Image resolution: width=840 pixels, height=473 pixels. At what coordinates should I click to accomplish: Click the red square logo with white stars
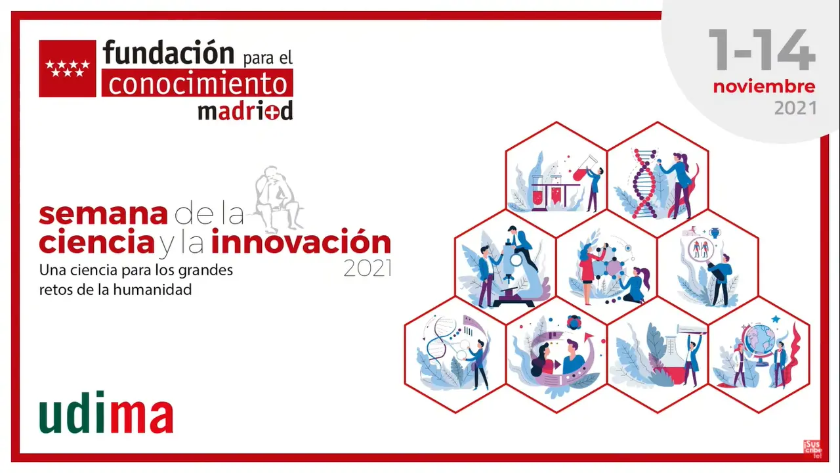pos(68,69)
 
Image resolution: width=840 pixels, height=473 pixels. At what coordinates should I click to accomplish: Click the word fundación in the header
pos(169,53)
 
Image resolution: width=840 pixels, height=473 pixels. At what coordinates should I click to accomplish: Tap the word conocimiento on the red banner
pos(198,83)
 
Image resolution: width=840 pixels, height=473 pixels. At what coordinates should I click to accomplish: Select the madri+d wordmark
pos(245,111)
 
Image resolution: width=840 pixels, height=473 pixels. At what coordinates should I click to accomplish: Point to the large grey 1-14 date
pos(762,50)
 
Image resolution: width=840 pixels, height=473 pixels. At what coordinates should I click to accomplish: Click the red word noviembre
pos(765,87)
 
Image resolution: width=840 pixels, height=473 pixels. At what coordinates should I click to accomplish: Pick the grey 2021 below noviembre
pos(795,108)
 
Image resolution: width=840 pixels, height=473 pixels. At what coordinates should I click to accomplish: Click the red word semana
pos(103,214)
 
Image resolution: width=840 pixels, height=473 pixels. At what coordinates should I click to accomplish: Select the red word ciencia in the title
pos(96,242)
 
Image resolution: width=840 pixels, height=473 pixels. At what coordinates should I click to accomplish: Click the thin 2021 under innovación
pos(368,269)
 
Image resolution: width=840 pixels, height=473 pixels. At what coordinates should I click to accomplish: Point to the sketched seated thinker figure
pos(278,198)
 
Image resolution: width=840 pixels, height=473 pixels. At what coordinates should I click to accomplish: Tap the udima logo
pos(106,413)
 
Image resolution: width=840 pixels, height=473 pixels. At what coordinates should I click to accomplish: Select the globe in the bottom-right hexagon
pos(760,345)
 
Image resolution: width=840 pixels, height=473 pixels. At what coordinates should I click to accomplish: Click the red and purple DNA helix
pos(644,184)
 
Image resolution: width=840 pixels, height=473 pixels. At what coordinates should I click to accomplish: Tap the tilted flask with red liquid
pos(585,169)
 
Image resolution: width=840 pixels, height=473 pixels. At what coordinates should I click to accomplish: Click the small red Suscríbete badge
pos(812,449)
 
